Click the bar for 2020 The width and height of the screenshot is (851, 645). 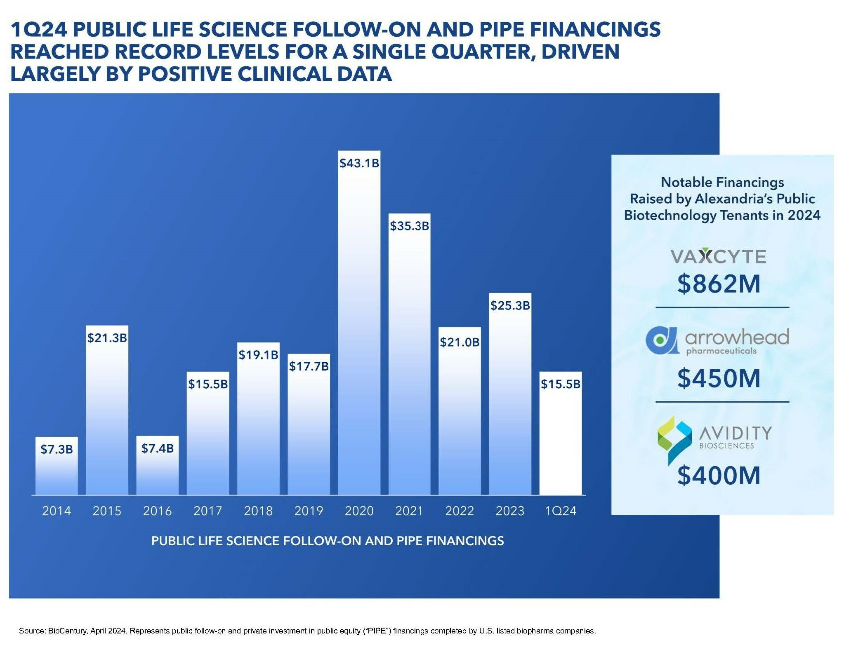(359, 330)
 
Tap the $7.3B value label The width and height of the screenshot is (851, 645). (57, 449)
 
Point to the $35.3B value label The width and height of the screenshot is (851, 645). (409, 226)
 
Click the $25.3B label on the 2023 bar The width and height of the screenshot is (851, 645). (510, 305)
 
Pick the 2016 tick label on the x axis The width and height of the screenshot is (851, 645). (157, 511)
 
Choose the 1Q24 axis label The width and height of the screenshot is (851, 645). (560, 511)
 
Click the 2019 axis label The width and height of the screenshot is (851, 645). (309, 511)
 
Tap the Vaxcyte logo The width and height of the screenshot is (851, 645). (718, 256)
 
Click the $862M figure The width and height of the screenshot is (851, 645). (718, 284)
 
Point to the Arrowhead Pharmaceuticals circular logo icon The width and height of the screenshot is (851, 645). (661, 340)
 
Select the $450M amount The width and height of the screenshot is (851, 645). (718, 378)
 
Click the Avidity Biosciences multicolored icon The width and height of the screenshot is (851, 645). (674, 439)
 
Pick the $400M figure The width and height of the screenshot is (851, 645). (718, 475)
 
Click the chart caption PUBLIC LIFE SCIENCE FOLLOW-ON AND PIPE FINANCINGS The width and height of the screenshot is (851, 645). (328, 541)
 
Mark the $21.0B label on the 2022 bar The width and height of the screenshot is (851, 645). (460, 342)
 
